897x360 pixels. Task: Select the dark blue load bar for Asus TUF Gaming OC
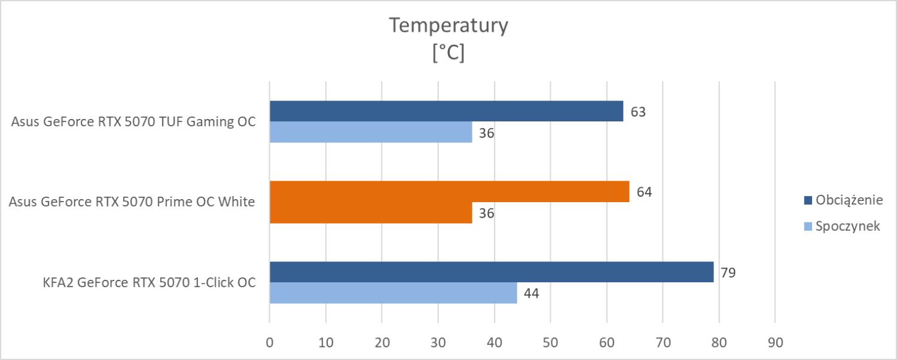coord(446,111)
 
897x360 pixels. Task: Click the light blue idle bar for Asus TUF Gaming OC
coord(371,132)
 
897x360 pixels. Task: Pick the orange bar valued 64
coord(449,192)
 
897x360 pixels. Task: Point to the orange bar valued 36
coord(371,213)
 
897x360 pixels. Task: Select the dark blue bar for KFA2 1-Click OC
coord(492,272)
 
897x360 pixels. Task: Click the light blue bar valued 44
coord(393,293)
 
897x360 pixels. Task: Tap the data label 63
coord(638,112)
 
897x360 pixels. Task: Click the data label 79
coord(728,273)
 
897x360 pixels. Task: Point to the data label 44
coord(531,294)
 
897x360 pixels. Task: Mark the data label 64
coord(644,193)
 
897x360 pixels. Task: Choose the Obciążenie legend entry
coord(848,200)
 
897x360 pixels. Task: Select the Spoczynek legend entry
coord(848,226)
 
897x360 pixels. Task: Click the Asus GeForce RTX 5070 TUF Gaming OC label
coord(133,122)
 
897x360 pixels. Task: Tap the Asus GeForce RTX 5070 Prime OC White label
coord(132,202)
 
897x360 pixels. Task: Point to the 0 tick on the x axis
coord(270,343)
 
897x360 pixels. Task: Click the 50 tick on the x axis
coord(550,343)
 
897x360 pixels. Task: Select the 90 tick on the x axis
coord(775,343)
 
